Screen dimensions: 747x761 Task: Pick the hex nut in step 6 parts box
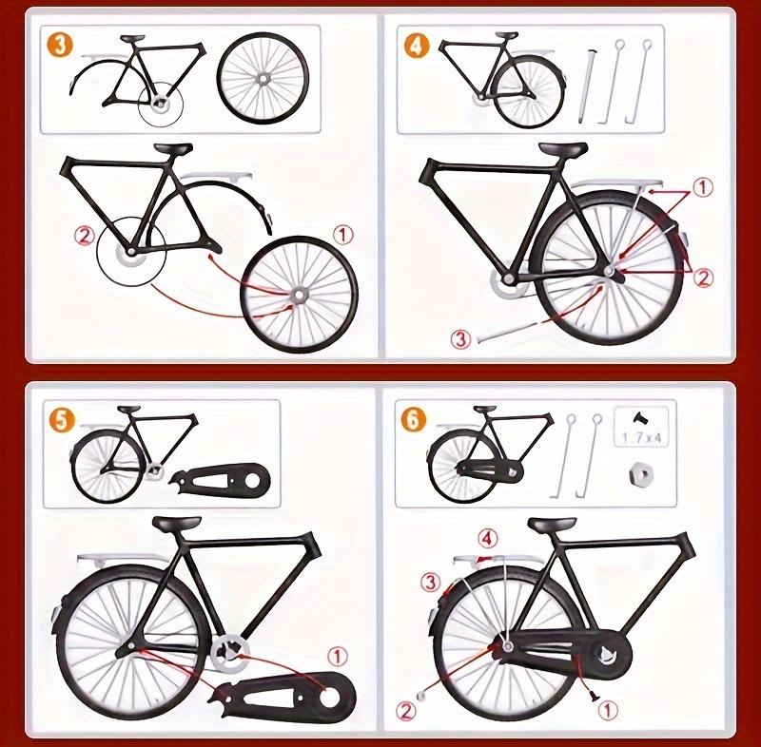pos(641,472)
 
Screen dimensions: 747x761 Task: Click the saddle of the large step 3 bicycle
pos(172,148)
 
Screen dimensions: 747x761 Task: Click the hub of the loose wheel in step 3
pos(299,296)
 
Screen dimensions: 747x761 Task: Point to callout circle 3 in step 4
pos(460,338)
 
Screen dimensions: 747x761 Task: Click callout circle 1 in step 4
pos(702,188)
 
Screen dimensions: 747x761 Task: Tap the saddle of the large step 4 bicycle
pos(561,150)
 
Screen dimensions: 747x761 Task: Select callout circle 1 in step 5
pos(337,655)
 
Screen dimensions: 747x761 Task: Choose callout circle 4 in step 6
pos(487,539)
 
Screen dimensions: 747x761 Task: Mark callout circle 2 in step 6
pos(407,708)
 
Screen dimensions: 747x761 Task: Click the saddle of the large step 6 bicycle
pos(552,524)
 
